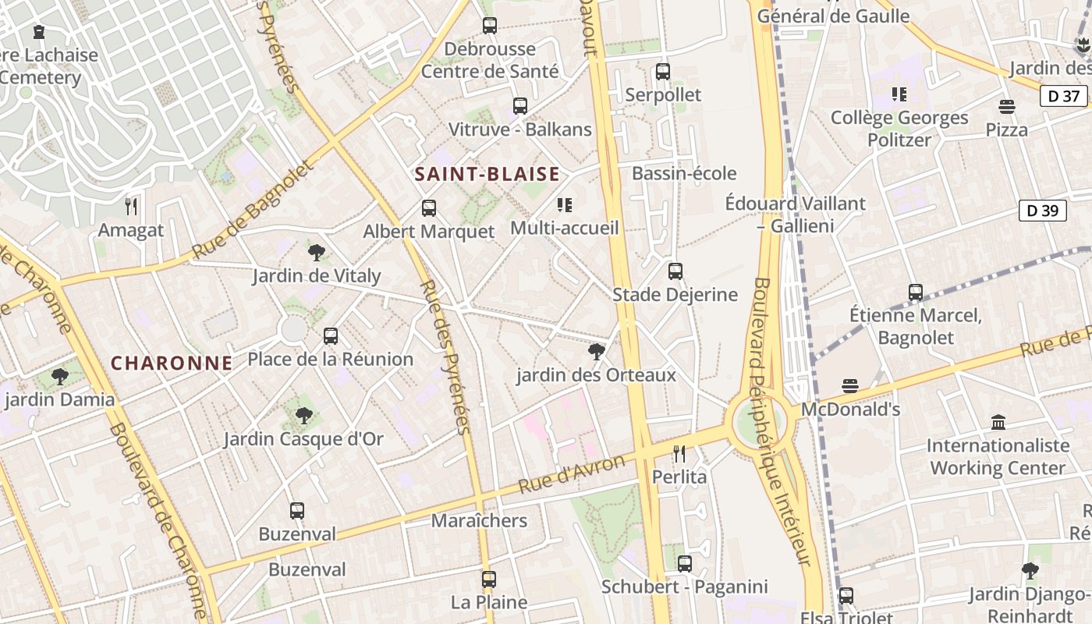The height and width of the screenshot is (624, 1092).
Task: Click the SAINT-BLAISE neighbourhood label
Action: tap(487, 174)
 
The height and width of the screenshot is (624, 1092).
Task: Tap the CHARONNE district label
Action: tap(172, 363)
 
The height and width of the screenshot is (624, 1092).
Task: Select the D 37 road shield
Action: tap(1063, 97)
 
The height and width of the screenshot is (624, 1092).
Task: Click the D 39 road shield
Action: tap(1042, 211)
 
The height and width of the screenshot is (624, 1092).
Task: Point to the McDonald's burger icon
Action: tap(850, 386)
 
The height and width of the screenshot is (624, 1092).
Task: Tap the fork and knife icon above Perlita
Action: tap(679, 453)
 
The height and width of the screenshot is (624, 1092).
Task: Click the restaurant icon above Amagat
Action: tap(131, 207)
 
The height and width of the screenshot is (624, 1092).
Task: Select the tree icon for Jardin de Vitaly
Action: tap(316, 252)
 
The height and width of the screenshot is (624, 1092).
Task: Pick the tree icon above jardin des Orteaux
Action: tap(597, 352)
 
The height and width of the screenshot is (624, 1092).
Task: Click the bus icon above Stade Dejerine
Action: tap(675, 271)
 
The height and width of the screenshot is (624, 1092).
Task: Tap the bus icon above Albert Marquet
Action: tap(429, 208)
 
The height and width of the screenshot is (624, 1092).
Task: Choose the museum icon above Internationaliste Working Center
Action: tap(998, 422)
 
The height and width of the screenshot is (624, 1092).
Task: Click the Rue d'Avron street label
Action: tap(572, 473)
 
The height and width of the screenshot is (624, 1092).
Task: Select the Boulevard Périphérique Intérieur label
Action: tap(782, 421)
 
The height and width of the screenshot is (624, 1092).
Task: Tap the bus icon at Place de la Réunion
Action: tap(331, 336)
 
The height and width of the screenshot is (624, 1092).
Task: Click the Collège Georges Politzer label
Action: tap(899, 129)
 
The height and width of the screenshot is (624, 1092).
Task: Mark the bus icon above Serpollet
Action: tap(663, 72)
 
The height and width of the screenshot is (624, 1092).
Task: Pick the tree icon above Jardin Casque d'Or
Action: tap(304, 416)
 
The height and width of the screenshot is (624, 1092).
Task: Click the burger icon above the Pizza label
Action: tap(1007, 106)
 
